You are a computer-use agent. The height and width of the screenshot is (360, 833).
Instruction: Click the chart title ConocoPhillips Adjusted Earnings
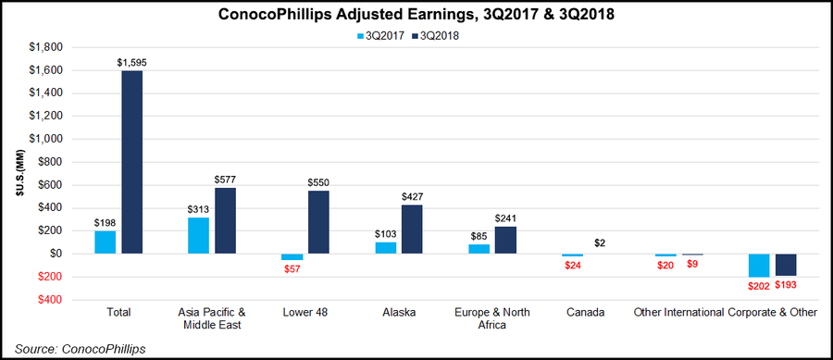pyautogui.click(x=416, y=15)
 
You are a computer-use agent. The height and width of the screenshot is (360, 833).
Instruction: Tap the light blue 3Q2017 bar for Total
pyautogui.click(x=105, y=242)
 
